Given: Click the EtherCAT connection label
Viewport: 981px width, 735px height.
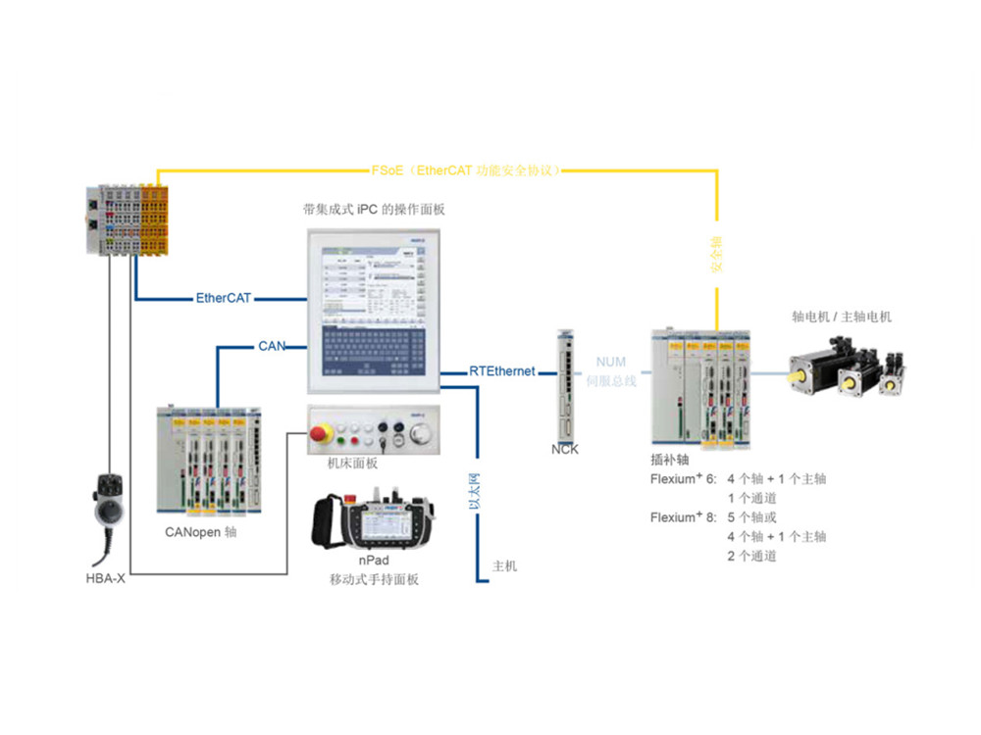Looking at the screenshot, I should point(224,298).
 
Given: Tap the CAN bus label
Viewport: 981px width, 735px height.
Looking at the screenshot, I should point(271,346).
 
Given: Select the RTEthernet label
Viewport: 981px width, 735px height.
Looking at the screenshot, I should point(502,371).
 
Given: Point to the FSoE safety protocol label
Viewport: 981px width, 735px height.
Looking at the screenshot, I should point(466,171).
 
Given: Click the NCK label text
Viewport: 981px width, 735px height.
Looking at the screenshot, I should point(566,451).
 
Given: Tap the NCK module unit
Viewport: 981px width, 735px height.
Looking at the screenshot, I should point(566,386).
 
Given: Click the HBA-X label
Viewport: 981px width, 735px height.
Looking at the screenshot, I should point(106,579).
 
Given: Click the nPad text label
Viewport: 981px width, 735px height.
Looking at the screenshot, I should point(374,560).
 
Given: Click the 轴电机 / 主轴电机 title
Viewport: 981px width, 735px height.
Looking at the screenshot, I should point(842,317).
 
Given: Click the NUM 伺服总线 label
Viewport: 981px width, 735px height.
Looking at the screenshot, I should point(611,371).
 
